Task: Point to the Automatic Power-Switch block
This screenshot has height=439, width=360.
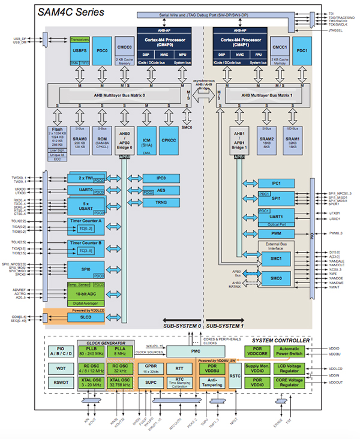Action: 290,351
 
